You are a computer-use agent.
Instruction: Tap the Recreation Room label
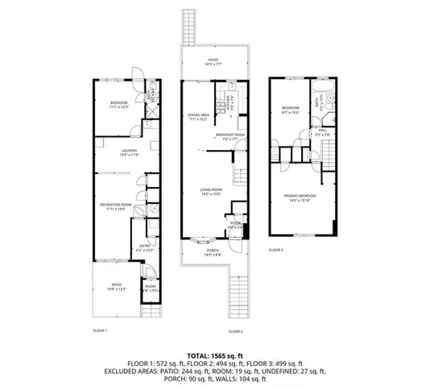click(115, 207)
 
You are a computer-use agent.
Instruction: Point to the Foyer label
click(235, 225)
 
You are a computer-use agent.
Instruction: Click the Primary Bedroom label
click(299, 196)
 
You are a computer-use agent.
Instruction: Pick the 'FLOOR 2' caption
click(235, 331)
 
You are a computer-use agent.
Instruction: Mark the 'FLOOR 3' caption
click(276, 251)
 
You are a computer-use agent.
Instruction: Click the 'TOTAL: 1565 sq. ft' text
click(214, 356)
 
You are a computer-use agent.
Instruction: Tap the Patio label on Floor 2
click(213, 60)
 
